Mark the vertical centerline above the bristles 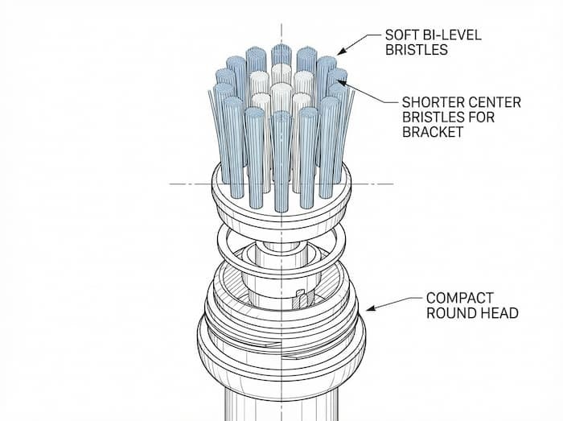click(281, 32)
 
